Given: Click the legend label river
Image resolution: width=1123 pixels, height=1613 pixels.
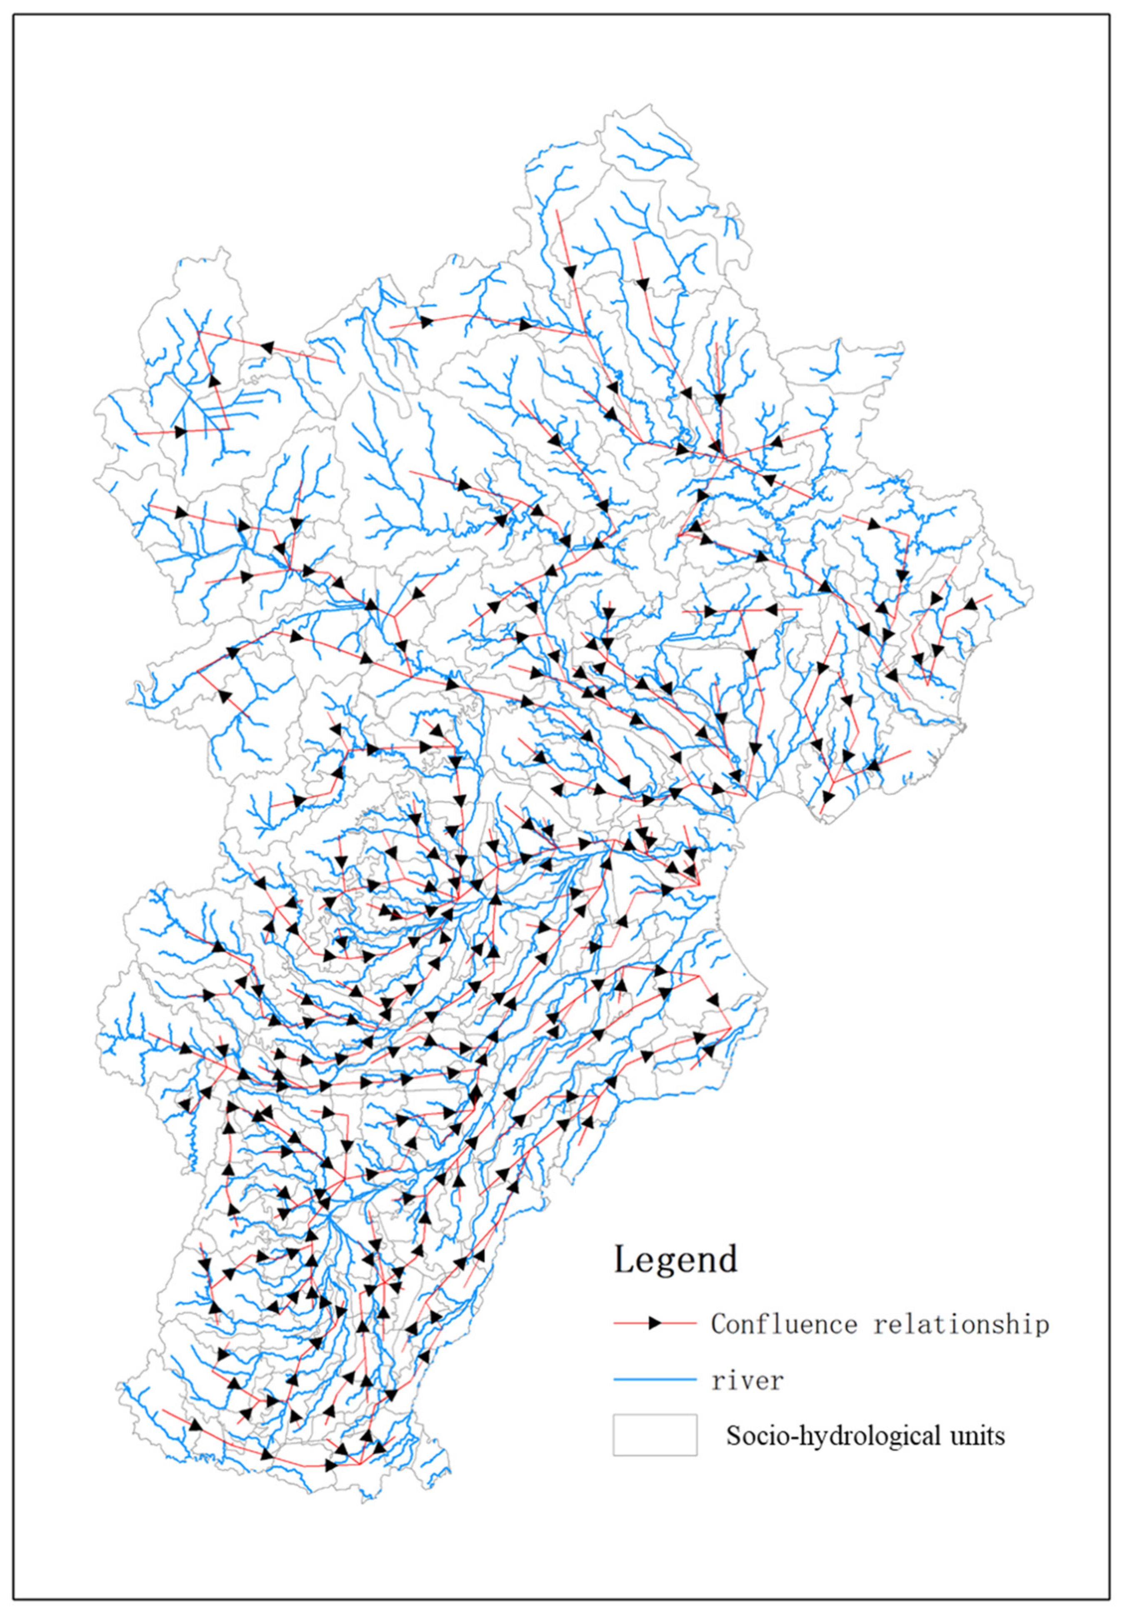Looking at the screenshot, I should tap(747, 1381).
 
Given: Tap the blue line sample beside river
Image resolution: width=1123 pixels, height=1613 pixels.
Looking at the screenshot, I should tap(654, 1381).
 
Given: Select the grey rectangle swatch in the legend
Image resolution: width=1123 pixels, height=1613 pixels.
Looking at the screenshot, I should tap(654, 1435).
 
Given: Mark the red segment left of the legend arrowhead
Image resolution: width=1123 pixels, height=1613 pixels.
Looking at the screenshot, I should tap(630, 1323).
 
